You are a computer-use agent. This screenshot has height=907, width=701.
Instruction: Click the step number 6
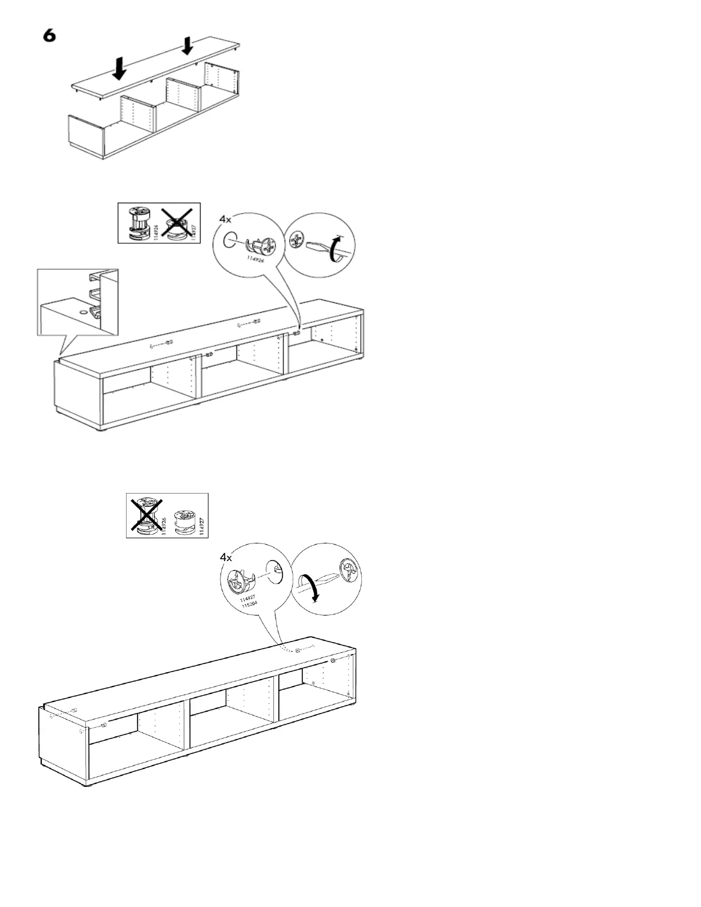[x=49, y=36]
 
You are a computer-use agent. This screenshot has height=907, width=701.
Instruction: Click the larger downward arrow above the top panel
[x=119, y=68]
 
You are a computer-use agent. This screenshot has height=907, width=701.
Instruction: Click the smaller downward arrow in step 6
[x=187, y=46]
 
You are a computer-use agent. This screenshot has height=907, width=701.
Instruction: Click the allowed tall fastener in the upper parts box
[x=136, y=223]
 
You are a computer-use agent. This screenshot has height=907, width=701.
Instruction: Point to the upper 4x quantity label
[x=226, y=219]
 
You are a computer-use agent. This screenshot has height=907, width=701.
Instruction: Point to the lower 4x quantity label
[x=226, y=557]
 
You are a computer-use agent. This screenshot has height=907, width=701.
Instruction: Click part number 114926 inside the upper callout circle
[x=254, y=259]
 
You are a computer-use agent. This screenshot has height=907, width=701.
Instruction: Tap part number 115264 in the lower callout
[x=249, y=604]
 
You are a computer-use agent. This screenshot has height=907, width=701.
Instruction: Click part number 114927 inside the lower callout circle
[x=247, y=598]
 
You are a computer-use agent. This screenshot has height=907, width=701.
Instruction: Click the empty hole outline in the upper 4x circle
[x=228, y=239]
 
